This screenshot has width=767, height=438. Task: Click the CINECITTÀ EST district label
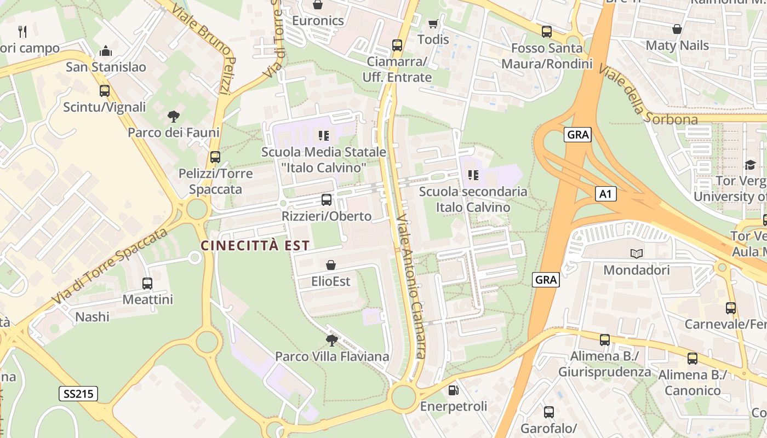255,245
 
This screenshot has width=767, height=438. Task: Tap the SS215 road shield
78,393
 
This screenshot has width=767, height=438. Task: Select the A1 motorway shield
605,193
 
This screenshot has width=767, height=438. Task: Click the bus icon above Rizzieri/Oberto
327,200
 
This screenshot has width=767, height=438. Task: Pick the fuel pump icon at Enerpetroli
453,390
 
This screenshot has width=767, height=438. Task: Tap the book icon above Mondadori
636,253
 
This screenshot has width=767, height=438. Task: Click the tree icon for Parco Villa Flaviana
331,341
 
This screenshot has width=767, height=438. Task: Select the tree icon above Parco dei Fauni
174,116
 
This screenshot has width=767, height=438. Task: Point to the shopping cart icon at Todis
433,24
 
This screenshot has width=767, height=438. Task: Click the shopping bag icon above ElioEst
331,266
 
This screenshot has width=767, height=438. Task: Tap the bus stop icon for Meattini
147,283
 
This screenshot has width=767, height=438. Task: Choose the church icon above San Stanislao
106,51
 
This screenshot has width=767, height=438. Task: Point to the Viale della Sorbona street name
646,96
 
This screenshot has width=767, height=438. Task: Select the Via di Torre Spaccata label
110,267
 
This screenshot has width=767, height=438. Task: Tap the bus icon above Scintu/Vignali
104,91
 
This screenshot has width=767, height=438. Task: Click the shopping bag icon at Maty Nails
677,29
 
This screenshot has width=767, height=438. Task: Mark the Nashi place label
92,317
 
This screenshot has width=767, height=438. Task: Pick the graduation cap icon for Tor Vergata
749,165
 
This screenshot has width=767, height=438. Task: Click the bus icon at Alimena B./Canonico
692,359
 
